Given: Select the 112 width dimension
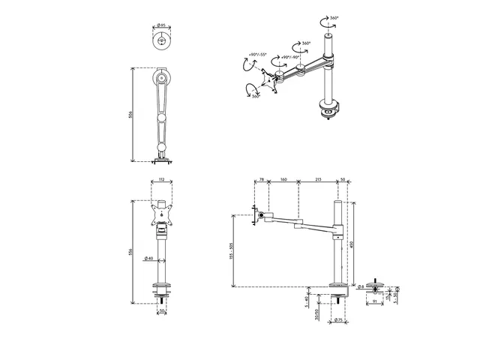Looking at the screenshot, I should (162, 180).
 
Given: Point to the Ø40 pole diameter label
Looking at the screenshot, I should (148, 259).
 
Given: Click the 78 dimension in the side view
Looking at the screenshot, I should (261, 180).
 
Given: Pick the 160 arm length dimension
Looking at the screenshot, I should (283, 180).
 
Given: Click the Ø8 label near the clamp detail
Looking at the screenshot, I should (361, 286).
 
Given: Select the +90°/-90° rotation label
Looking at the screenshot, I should (290, 55).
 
